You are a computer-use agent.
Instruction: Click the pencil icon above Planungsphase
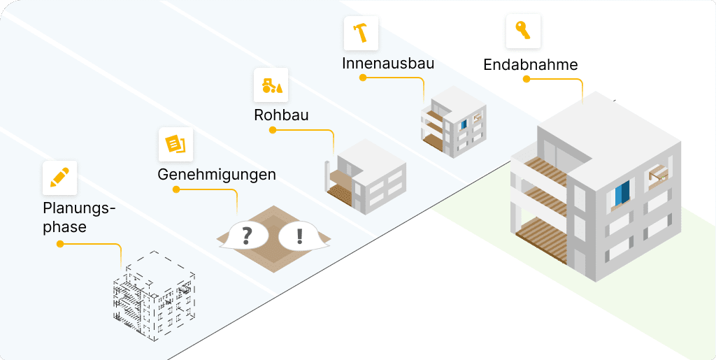(x=59, y=178)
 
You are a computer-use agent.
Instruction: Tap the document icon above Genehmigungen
(x=176, y=144)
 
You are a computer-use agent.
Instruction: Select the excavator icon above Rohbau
(x=271, y=85)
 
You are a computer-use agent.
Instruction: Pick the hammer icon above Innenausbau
(x=361, y=33)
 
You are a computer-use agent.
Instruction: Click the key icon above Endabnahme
(x=522, y=30)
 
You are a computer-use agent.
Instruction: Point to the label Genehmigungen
(x=217, y=174)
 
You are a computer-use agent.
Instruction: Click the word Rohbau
(x=281, y=115)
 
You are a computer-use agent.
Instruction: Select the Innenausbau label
(x=388, y=63)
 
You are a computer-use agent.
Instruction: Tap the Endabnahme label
(x=531, y=65)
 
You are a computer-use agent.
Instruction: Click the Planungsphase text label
(x=78, y=217)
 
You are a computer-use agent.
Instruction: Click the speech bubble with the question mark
(x=246, y=236)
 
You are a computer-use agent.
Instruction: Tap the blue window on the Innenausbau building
(x=463, y=124)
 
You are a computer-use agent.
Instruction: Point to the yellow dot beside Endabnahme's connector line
(x=526, y=79)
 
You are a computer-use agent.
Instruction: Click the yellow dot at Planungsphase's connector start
(x=60, y=244)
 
